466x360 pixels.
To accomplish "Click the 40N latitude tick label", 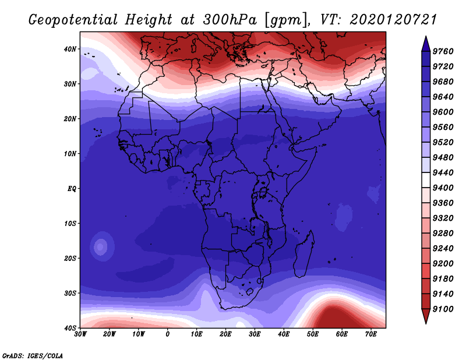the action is tap(70, 49).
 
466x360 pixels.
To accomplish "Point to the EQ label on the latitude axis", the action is tap(72, 189).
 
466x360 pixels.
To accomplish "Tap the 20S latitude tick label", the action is tap(70, 258).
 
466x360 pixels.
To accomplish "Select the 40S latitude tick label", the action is tap(70, 328).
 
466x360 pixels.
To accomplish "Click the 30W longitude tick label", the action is tap(80, 334).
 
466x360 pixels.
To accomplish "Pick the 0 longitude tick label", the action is tap(168, 334).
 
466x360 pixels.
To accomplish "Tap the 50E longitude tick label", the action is tap(313, 334).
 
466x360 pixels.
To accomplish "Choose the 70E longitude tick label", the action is tap(370, 334).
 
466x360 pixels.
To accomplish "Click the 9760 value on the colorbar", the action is tap(443, 51).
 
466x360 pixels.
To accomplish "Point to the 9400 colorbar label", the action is tap(443, 188).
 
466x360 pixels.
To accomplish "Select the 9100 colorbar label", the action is tap(443, 309).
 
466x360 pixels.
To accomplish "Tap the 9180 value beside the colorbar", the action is tap(443, 279).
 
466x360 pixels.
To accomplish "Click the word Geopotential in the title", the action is tap(73, 20).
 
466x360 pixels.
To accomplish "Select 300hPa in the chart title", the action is tap(230, 20).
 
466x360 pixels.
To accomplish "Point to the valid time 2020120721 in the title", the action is tap(393, 20).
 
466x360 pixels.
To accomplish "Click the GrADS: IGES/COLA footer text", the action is tap(33, 356).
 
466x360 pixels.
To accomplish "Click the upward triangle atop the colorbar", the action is tap(426, 44).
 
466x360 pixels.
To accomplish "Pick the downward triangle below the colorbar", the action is tap(426, 316).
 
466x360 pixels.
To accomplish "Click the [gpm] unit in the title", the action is tap(285, 20).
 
